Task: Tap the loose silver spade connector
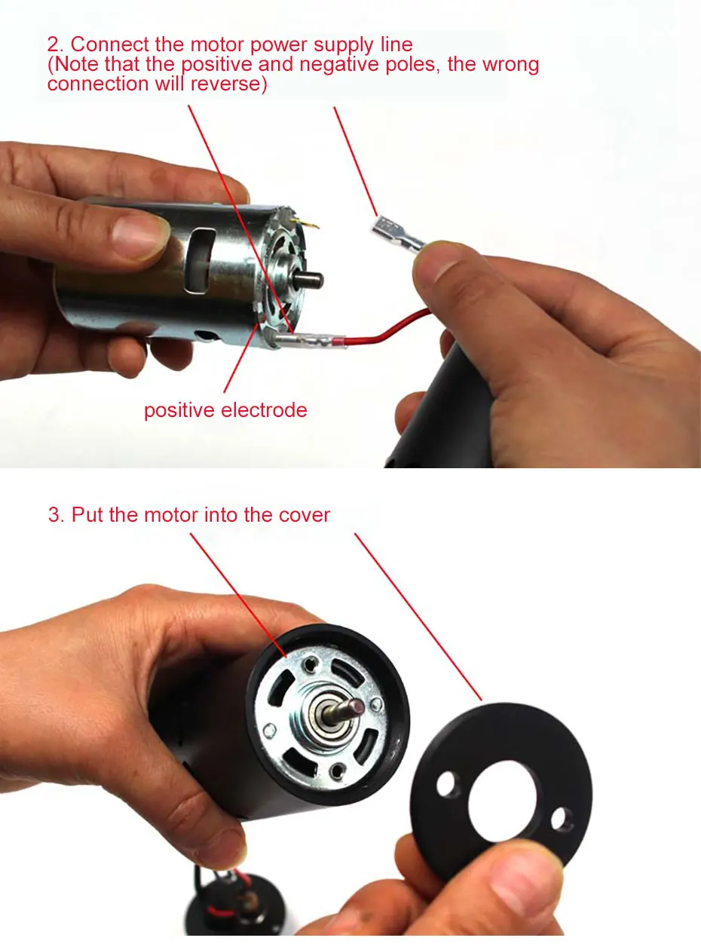point(397,234)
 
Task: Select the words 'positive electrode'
point(225,410)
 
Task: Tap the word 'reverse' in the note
point(225,84)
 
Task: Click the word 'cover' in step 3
point(305,514)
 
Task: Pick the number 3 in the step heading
point(54,514)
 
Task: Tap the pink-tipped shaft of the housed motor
point(344,709)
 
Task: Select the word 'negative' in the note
point(339,65)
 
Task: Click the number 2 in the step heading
point(53,44)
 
